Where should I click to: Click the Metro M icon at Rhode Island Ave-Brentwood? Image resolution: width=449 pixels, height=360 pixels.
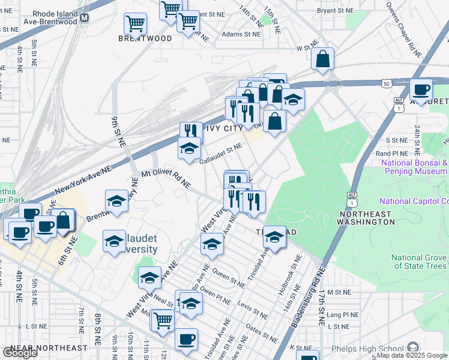coord(85,17)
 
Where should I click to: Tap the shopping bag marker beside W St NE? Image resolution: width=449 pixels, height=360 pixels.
coord(323,59)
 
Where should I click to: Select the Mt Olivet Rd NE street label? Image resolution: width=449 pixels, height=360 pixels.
coord(166,178)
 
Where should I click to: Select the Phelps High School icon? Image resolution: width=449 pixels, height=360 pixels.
coord(412,348)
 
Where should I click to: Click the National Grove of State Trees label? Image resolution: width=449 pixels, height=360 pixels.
coord(419,262)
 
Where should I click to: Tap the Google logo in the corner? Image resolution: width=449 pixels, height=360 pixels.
coord(20,352)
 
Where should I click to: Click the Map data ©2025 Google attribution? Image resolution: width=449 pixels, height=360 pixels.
coord(411,355)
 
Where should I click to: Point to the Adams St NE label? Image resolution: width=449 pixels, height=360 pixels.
coord(241,35)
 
